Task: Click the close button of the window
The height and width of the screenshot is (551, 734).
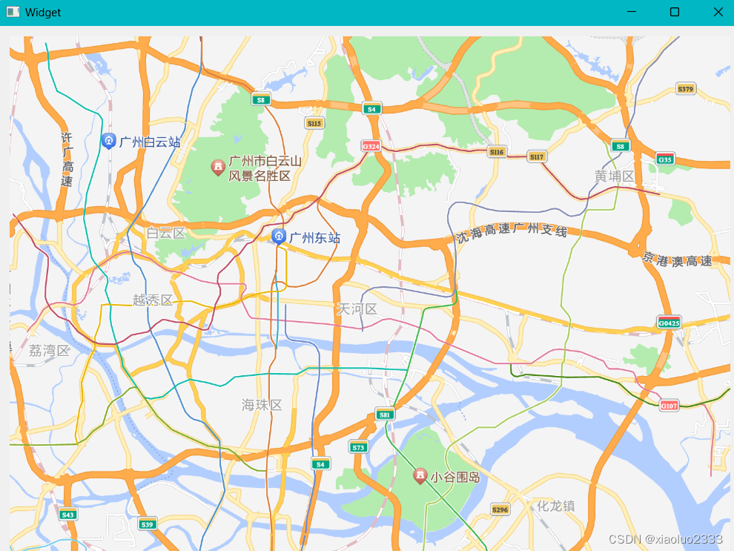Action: tap(718, 12)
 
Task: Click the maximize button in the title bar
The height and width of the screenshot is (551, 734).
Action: tap(675, 12)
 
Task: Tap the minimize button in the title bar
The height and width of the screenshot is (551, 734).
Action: tap(632, 12)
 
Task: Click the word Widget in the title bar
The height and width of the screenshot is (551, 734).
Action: tap(43, 13)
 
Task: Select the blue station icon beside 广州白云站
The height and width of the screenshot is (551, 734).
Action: tap(108, 140)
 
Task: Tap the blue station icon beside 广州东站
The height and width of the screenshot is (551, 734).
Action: tap(279, 237)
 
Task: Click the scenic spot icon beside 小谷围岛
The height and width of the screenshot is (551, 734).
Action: tap(420, 475)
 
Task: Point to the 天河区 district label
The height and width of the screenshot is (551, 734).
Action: tap(357, 309)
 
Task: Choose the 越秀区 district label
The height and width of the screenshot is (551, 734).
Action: tap(153, 300)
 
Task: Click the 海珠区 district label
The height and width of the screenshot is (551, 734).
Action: tap(262, 404)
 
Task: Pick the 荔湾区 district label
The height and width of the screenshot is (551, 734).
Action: tap(49, 351)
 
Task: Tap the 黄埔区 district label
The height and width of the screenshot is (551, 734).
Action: tap(615, 176)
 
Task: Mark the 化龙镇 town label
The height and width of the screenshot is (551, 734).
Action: tap(556, 507)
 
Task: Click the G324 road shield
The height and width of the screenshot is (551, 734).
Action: tap(371, 146)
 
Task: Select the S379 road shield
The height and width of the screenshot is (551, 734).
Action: tap(686, 90)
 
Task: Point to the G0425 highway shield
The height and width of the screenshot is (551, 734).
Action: tap(668, 323)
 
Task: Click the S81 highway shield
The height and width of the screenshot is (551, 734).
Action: tap(383, 415)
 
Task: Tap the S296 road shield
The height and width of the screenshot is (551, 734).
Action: tap(500, 509)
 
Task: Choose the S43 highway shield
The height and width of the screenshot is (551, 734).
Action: tap(68, 514)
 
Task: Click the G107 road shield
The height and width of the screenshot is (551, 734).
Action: tap(669, 406)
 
